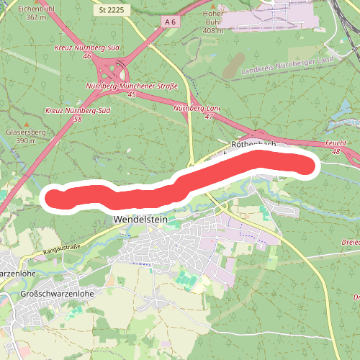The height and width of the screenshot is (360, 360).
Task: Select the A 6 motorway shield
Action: [170, 22]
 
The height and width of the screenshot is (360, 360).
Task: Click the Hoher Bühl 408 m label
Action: [215, 22]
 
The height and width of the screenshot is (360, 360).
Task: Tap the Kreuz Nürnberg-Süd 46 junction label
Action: [84, 51]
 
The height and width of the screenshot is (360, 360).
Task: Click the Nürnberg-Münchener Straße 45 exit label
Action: [131, 89]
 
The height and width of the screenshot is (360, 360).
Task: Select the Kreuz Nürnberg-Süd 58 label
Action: [73, 115]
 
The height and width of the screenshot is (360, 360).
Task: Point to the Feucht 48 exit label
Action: [337, 148]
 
